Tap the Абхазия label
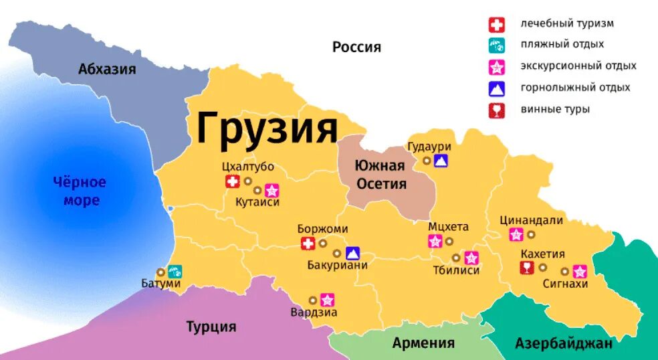107,69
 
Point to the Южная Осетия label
380,175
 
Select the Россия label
356,47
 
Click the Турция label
211,327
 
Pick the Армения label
423,343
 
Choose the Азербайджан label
564,344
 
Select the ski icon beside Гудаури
441,161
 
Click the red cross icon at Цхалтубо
232,181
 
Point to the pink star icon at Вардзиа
327,300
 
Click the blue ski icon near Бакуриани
352,253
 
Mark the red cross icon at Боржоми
308,244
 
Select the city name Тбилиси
457,271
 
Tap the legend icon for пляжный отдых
496,46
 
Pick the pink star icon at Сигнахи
580,271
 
